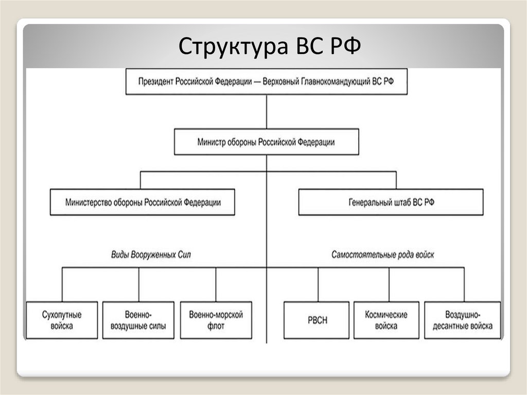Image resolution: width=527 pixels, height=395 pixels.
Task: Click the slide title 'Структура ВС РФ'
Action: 271,47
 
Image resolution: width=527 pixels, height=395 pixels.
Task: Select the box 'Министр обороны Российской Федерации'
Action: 266,142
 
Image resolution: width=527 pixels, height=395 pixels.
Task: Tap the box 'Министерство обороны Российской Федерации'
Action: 142,202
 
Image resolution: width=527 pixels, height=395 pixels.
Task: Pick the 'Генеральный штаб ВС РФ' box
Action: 391,202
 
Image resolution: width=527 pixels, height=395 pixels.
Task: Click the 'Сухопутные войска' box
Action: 62,320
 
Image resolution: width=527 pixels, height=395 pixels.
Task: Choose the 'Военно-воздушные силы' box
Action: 138,320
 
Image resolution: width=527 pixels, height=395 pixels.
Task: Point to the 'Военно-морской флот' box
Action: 216,320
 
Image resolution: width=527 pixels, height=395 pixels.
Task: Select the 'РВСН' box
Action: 319,320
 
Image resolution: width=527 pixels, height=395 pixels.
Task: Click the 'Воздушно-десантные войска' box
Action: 462,320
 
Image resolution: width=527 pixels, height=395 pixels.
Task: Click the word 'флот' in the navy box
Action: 216,327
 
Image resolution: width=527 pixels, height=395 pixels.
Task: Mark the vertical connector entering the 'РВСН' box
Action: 319,284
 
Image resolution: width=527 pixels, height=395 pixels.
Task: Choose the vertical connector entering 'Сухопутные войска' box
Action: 62,284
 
